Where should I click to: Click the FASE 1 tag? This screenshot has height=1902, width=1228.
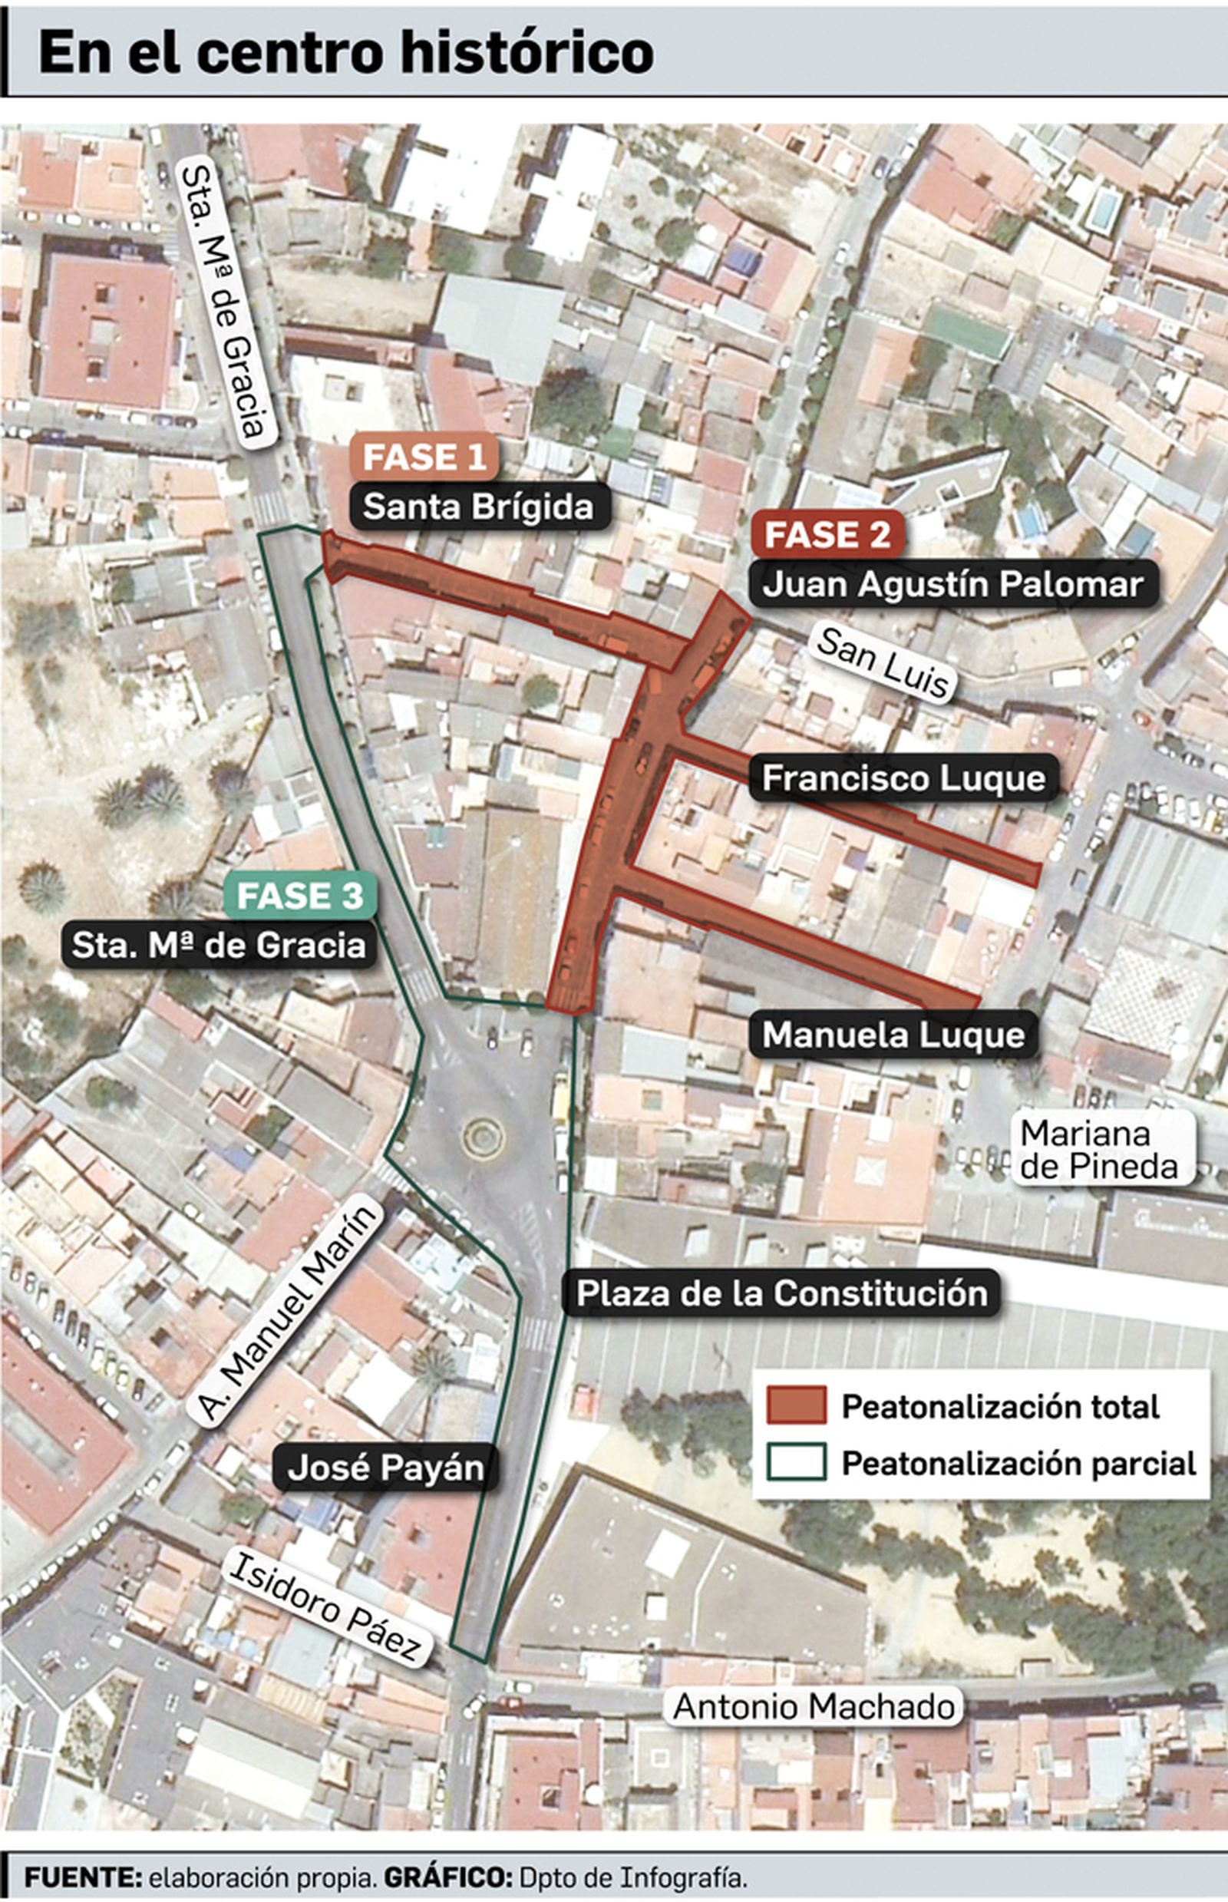[x=424, y=457]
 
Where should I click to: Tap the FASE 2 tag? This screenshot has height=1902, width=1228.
[x=827, y=534]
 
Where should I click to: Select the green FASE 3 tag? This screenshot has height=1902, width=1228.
[x=300, y=896]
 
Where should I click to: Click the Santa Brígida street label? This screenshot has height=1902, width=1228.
[x=479, y=507]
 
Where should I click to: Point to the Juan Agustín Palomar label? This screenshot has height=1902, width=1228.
[x=953, y=584]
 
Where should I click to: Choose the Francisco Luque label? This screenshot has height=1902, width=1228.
[x=903, y=778]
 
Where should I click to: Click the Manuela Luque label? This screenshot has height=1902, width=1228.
[x=893, y=1035]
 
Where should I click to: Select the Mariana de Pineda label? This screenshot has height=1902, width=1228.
[x=1099, y=1149]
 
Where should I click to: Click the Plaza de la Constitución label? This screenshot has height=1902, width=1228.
[x=781, y=1293]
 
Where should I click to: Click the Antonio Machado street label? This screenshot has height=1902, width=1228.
[x=814, y=1706]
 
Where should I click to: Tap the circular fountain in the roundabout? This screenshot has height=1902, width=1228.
[x=484, y=1138]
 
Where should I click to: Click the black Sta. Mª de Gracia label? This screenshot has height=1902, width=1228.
[x=219, y=946]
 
